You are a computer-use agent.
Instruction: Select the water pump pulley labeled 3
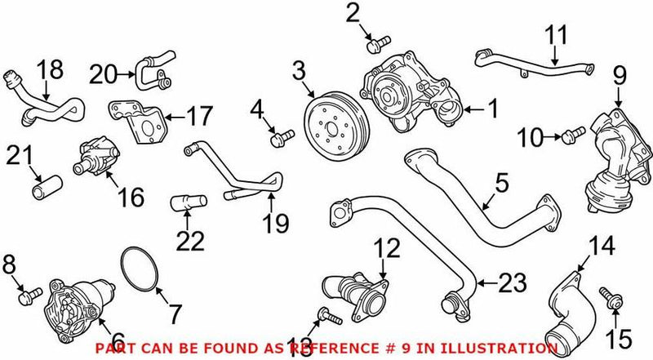tap(333, 127)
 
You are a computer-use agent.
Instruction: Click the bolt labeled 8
tap(30, 291)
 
